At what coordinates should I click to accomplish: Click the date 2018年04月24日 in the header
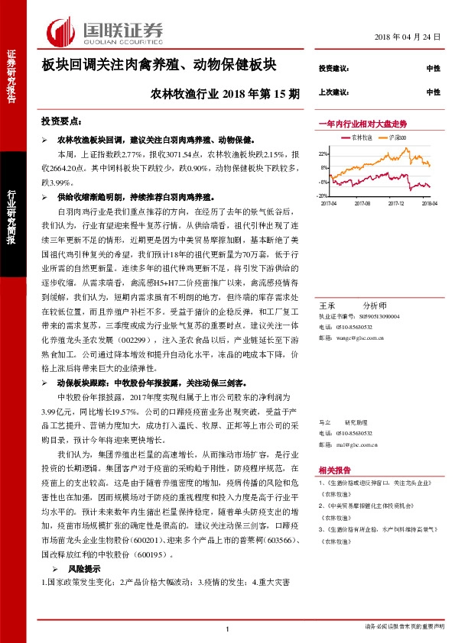[408, 37]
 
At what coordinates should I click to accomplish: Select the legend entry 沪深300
[398, 137]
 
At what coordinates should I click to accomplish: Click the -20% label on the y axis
[323, 195]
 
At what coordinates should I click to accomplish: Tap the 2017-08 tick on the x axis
[363, 203]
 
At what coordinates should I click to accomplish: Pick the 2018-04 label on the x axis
[428, 203]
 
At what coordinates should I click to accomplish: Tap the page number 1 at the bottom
[227, 628]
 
